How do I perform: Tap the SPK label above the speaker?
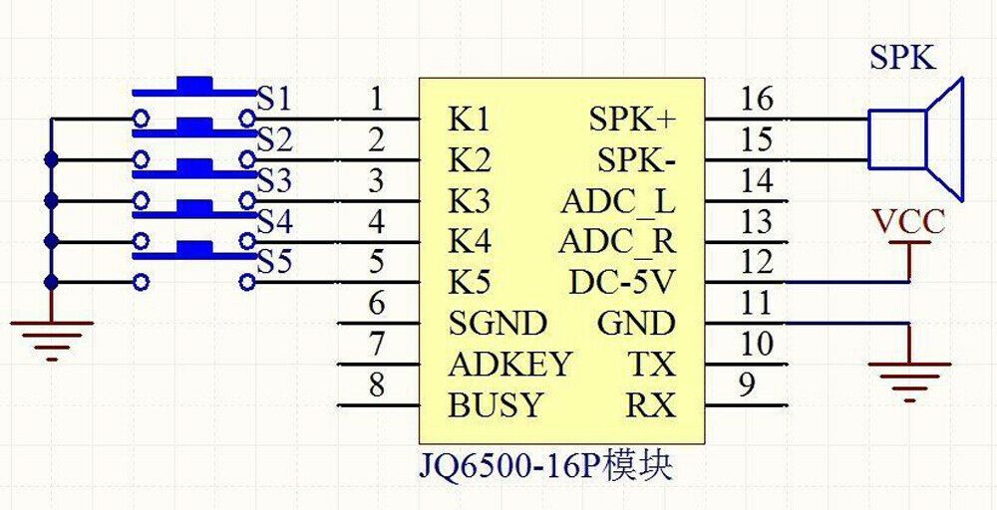[903, 59]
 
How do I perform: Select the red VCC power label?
[908, 223]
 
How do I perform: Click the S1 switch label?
[274, 100]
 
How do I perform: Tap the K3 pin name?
[470, 202]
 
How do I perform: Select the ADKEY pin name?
[509, 365]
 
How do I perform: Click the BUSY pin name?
[496, 405]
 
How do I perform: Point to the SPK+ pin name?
[631, 120]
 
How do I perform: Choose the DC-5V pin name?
[620, 283]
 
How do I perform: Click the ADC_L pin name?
[617, 204]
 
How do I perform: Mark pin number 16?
[757, 99]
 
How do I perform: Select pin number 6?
[377, 304]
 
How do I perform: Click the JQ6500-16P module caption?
[545, 468]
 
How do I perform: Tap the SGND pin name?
[498, 324]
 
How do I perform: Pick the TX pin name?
[652, 365]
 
